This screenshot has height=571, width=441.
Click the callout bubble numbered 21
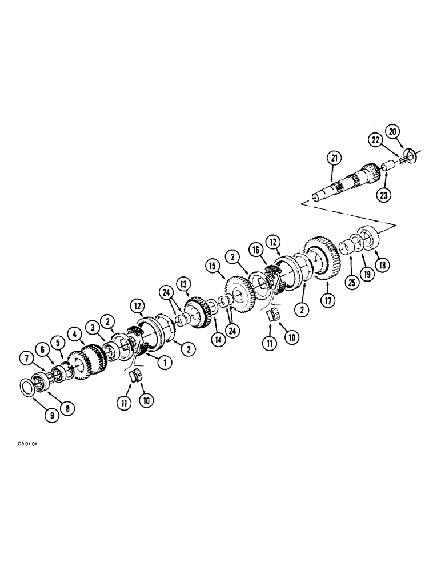334,157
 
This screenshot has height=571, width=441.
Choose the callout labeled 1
163,362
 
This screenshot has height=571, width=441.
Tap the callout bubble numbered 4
73,332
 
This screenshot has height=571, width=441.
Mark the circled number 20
392,131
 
